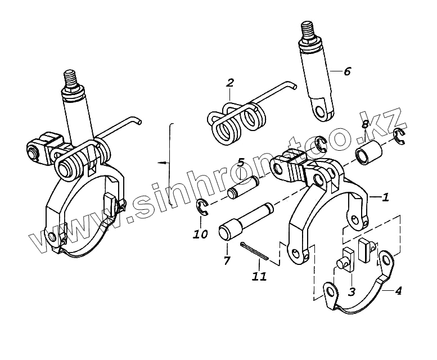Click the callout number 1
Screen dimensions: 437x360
click(385, 197)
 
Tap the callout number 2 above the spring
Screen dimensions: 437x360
click(229, 83)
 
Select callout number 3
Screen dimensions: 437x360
click(352, 291)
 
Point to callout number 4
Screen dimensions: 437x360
click(398, 291)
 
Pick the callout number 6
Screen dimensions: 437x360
click(346, 71)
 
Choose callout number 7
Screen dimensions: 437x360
click(227, 260)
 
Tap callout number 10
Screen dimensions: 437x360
click(200, 233)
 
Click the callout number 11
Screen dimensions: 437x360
click(260, 276)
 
